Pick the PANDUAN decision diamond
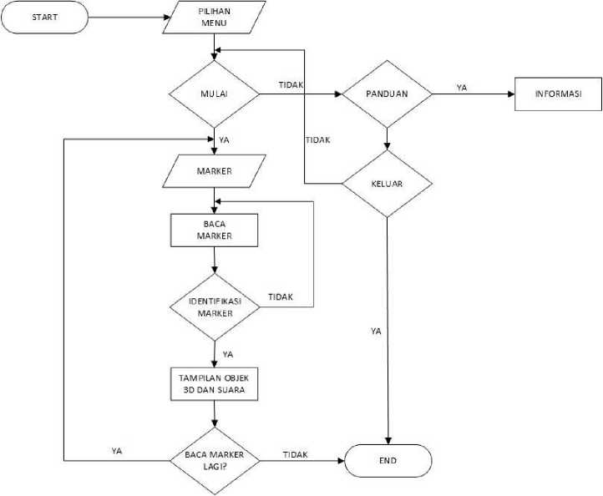pos(387,94)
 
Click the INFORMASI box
pos(557,94)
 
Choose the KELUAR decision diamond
pos(387,184)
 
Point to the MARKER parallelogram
pos(215,172)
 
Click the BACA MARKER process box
pos(215,230)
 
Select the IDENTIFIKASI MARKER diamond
pos(215,306)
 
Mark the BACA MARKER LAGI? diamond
pos(215,460)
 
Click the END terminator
pos(388,460)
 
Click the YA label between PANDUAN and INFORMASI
pos(461,87)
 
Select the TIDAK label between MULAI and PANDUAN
pos(291,86)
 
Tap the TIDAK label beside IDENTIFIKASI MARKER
pos(281,297)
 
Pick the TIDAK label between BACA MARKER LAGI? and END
pos(295,454)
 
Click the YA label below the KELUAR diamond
pos(376,332)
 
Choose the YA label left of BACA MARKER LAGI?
pos(117,451)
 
